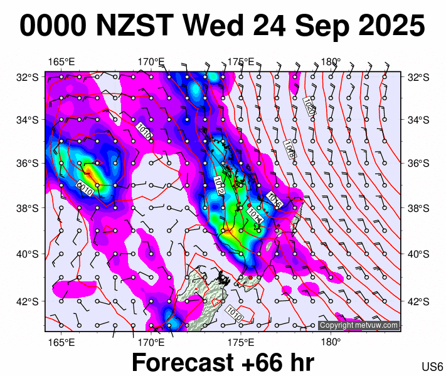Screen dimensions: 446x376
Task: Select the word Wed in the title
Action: point(211,26)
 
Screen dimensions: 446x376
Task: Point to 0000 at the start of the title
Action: point(53,26)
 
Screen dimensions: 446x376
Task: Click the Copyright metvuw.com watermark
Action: point(359,325)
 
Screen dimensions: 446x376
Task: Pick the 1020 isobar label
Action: point(309,105)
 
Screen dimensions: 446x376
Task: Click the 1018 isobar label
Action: point(289,150)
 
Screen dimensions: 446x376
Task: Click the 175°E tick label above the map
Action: point(241,62)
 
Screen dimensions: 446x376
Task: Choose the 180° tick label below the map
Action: point(331,343)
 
